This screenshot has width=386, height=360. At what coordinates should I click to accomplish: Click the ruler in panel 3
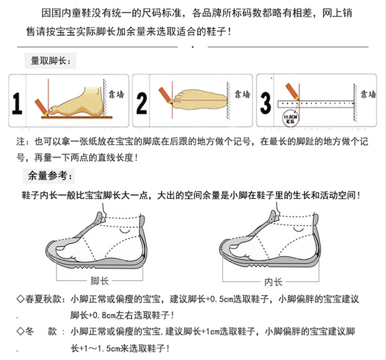314,104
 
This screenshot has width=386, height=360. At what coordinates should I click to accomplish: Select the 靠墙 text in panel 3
367,94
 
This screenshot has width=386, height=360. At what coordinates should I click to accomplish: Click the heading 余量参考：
50,176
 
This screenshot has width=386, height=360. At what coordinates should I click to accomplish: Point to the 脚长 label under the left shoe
99,281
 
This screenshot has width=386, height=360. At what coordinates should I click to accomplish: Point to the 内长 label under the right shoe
273,281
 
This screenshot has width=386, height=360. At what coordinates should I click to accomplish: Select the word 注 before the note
21,141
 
